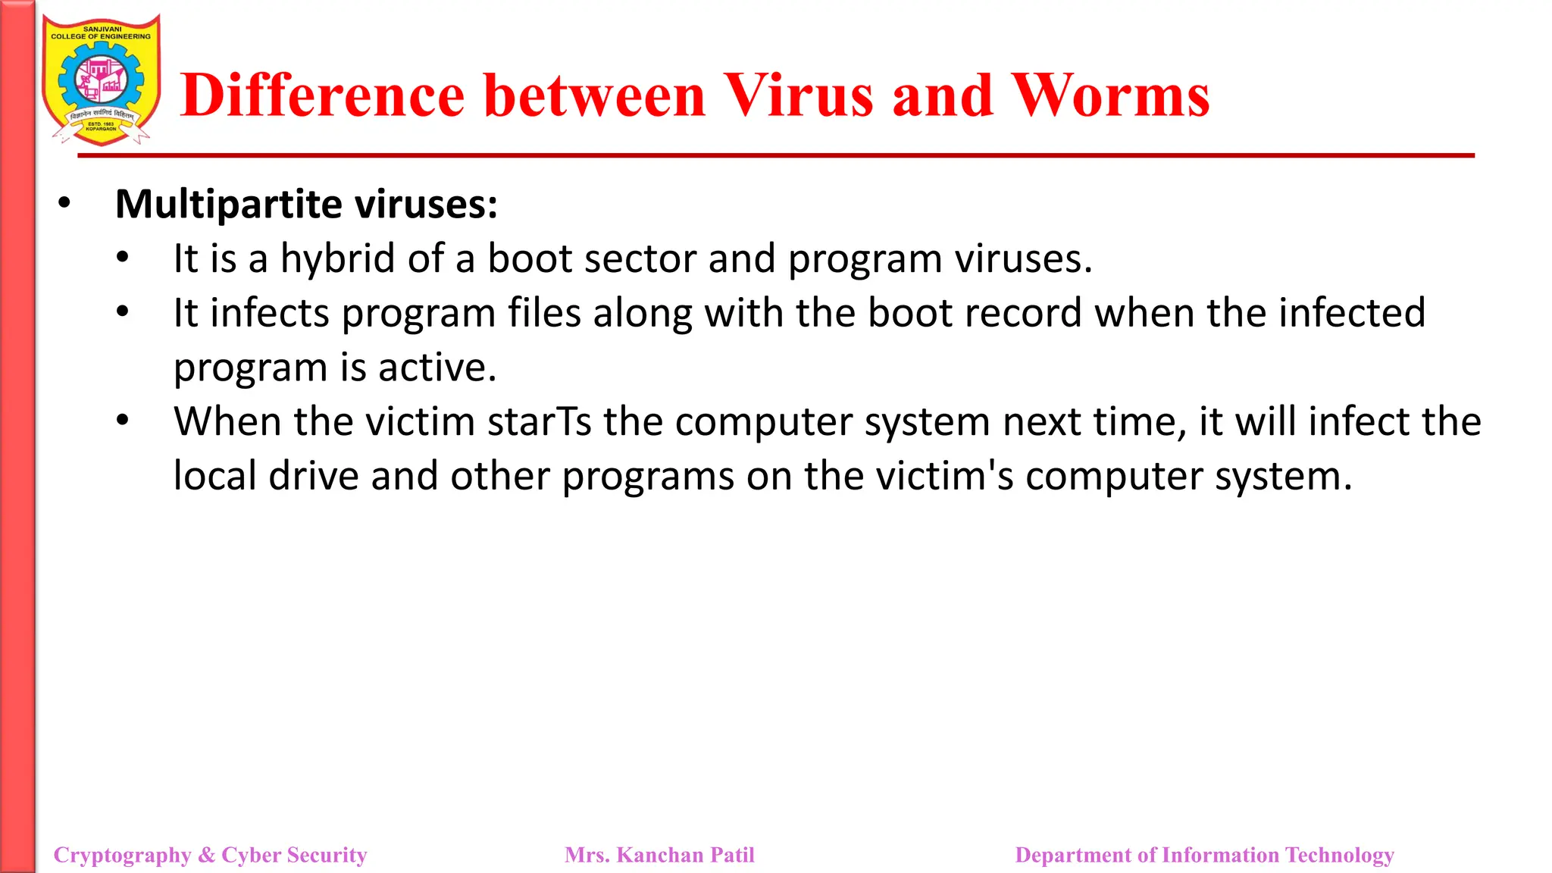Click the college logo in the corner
tap(102, 80)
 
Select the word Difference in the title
tap(323, 95)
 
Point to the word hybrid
tap(338, 259)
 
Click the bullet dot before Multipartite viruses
tap(64, 203)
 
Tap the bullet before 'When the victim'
tap(123, 421)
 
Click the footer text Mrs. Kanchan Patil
tap(659, 855)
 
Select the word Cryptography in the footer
tap(122, 855)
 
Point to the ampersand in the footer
tap(206, 855)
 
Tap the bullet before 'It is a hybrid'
tap(123, 258)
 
